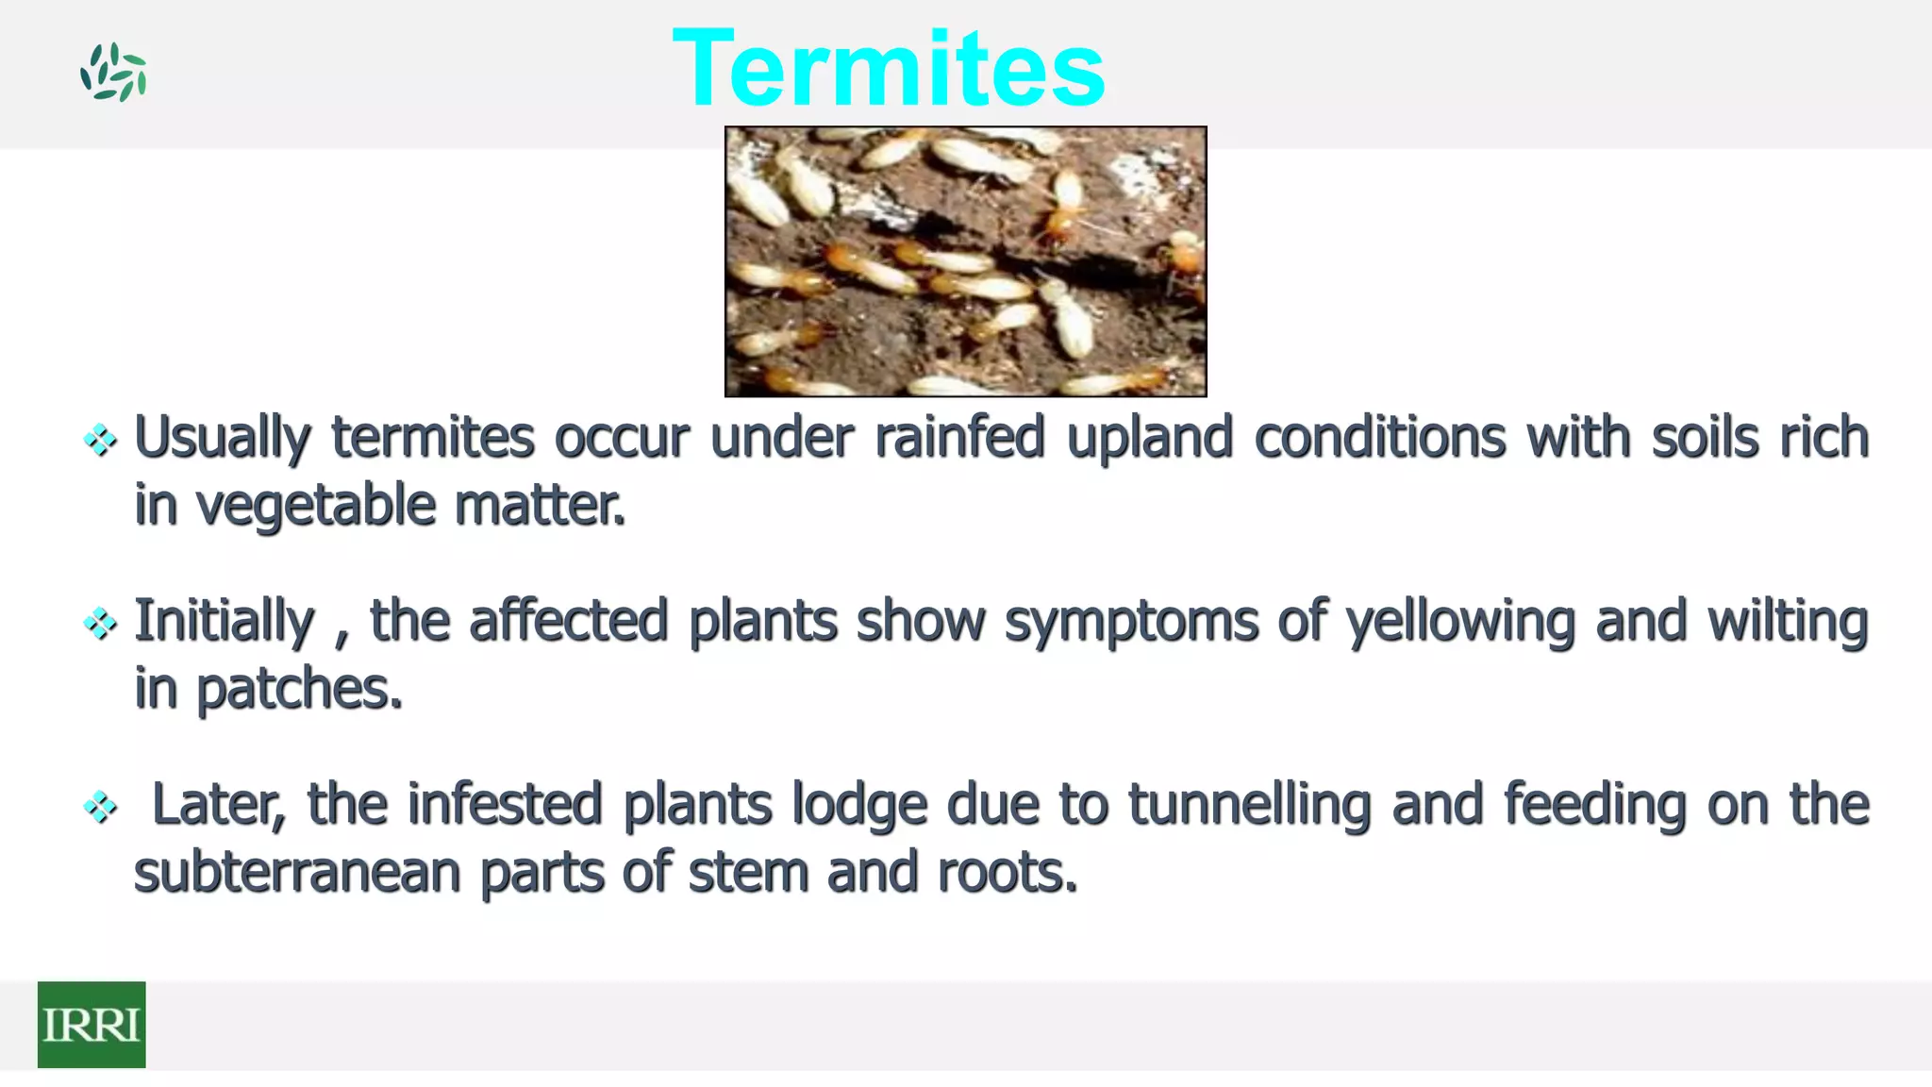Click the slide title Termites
pos(888,68)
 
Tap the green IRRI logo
pos(92,1024)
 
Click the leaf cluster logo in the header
pos(113,72)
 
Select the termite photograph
pos(965,261)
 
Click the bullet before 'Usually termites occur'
pos(100,440)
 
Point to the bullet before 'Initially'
pos(100,623)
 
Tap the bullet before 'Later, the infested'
pos(100,807)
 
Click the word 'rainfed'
pos(959,438)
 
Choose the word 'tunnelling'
pos(1249,806)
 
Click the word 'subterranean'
pos(297,872)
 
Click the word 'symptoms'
pos(1131,623)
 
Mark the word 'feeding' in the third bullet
pos(1594,806)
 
